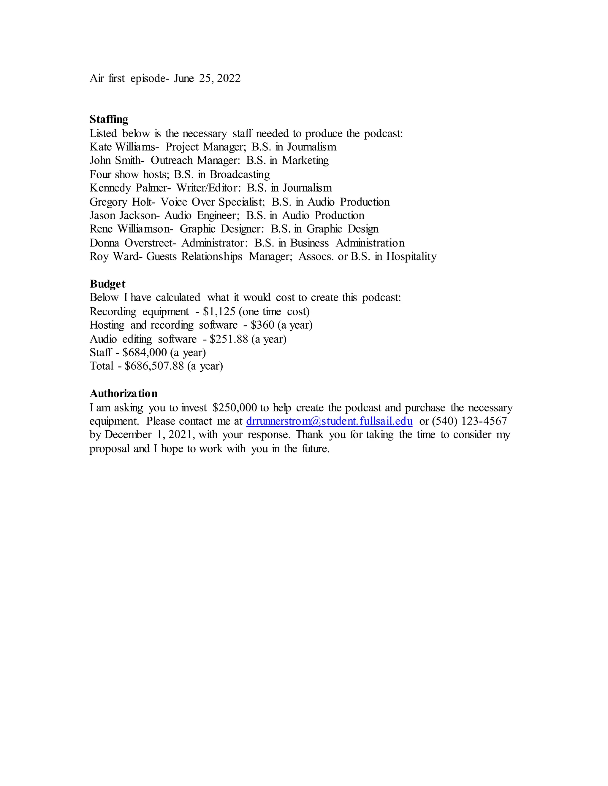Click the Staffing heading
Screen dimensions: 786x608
point(109,120)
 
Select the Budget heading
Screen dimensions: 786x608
point(107,284)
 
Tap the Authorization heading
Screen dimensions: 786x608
point(123,393)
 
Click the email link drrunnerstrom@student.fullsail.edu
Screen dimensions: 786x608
point(329,421)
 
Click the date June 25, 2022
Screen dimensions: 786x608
point(207,79)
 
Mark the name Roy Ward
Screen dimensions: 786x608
point(113,257)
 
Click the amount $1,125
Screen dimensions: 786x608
point(219,311)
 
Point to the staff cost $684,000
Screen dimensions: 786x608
point(145,352)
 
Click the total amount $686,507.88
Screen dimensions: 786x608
point(154,366)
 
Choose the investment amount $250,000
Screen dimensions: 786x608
point(235,408)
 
